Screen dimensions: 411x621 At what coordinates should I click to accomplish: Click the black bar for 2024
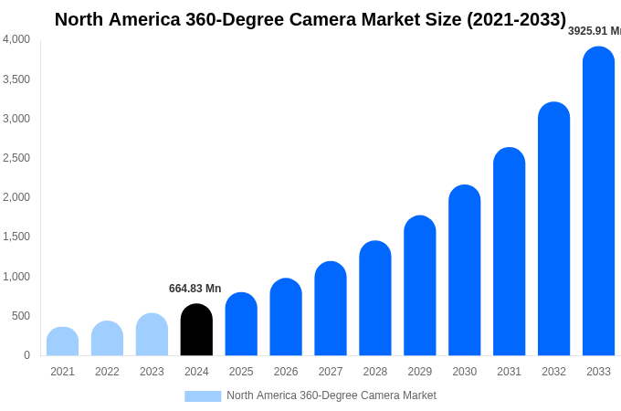coord(196,330)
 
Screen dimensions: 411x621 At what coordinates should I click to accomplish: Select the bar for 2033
coord(598,201)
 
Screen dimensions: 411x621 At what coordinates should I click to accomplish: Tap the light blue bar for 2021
coord(62,342)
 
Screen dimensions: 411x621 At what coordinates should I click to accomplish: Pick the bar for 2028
coord(375,299)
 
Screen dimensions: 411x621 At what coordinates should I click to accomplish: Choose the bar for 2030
coord(464,270)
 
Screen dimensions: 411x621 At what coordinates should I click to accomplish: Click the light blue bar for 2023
coord(152,334)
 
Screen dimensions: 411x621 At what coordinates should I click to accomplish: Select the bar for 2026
coord(286,317)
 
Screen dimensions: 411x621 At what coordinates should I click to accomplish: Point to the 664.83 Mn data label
coord(195,289)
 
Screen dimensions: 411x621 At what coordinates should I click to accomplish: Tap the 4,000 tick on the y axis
coord(16,39)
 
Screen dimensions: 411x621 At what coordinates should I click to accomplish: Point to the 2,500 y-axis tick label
coord(16,158)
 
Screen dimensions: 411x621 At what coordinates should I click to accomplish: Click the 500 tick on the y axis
coord(20,316)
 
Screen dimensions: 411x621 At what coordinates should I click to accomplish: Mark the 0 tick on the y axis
coord(26,355)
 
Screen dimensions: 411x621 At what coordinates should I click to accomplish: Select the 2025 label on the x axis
coord(241,372)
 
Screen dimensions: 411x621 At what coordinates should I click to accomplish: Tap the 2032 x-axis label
coord(553,372)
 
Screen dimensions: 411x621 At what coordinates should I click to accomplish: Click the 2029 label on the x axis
coord(420,372)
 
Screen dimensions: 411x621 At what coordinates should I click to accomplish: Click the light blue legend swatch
coord(203,396)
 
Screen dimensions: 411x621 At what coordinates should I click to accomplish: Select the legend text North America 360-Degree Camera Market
coord(332,395)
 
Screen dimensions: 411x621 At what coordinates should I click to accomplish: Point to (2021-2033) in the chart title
coord(516,19)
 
